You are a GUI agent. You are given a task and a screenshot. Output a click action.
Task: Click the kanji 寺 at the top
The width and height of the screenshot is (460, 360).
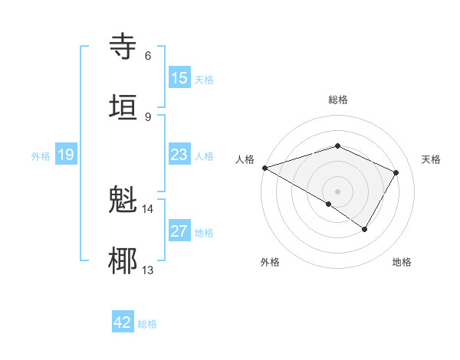tap(123, 46)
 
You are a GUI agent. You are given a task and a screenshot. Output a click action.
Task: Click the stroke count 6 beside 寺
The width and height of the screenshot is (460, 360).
tap(148, 56)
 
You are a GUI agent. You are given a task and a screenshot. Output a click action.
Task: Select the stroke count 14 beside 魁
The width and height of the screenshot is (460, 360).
tap(148, 208)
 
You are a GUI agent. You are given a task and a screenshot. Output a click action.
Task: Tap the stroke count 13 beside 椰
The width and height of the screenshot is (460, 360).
tap(148, 270)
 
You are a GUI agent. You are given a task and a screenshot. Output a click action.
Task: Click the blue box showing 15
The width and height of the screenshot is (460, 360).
tap(179, 78)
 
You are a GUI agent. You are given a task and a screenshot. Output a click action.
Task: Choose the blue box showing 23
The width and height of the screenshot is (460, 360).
tap(179, 155)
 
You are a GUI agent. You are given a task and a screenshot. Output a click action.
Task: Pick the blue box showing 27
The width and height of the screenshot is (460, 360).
tap(179, 231)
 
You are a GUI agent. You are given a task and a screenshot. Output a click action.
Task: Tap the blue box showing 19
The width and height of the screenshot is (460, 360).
tap(66, 155)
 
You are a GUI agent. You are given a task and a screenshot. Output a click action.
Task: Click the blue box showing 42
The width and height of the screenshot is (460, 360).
tap(123, 322)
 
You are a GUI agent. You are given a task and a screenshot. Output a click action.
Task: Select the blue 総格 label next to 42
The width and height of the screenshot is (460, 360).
tap(148, 324)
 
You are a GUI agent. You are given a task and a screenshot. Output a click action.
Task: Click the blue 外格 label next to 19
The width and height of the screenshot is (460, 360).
tap(41, 156)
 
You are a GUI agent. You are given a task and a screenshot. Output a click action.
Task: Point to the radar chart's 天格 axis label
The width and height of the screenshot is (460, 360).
tap(432, 159)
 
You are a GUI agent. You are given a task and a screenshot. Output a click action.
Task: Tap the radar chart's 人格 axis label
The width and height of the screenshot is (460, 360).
tap(245, 159)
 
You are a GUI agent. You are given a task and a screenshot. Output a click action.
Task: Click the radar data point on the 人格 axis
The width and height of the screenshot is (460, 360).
tap(264, 168)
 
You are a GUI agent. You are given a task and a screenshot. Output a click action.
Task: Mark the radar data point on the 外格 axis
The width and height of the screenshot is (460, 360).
tap(329, 204)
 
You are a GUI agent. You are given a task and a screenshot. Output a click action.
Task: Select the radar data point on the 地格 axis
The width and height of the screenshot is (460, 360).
tap(365, 229)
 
